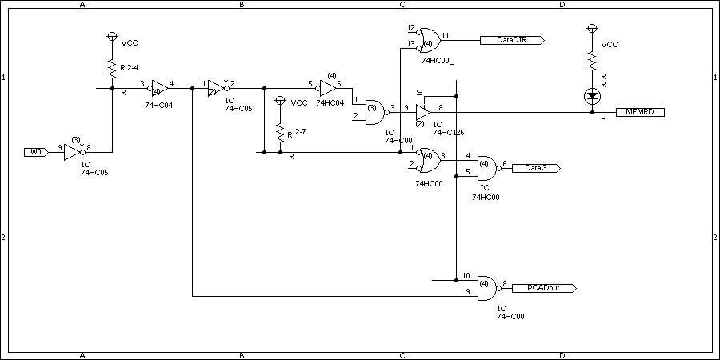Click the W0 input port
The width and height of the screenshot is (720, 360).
coord(36,152)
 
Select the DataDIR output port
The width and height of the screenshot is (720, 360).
coord(512,41)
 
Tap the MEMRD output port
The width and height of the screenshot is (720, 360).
coord(640,112)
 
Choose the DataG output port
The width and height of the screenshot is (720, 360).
coord(536,168)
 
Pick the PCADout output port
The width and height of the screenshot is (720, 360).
coord(544,288)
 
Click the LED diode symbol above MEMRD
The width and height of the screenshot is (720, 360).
coord(593,96)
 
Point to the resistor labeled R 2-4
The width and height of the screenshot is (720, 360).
coord(111,67)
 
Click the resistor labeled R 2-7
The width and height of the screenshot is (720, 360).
coord(280,133)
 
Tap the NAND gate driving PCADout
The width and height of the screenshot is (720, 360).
coord(489,288)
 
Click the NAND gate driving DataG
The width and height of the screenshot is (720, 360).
coord(489,168)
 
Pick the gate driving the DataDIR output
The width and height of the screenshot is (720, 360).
coord(428,41)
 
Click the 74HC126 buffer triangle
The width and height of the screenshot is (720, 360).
coord(423,112)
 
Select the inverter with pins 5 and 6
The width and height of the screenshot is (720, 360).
coord(326,88)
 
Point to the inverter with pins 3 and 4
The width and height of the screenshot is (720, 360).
coord(159,88)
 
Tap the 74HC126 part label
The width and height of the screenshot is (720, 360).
coord(448,132)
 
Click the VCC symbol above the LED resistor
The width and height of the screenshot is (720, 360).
coord(593,29)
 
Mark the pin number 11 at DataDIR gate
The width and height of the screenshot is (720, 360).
coord(446,35)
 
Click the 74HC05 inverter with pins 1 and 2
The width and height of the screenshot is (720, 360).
coord(218,88)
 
